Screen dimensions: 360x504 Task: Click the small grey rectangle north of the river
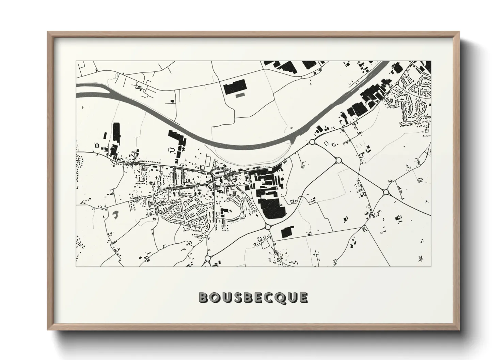[240, 96]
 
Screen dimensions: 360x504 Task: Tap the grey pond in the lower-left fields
[115, 215]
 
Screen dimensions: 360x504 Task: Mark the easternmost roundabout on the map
[385, 192]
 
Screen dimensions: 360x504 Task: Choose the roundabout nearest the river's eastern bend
[312, 142]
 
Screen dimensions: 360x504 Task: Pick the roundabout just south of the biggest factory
[267, 227]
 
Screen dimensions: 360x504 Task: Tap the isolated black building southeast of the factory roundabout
[287, 232]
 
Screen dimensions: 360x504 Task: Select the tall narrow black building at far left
[116, 133]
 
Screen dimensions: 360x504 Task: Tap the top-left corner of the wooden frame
[48, 32]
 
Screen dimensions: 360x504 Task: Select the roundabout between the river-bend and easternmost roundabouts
[338, 160]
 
